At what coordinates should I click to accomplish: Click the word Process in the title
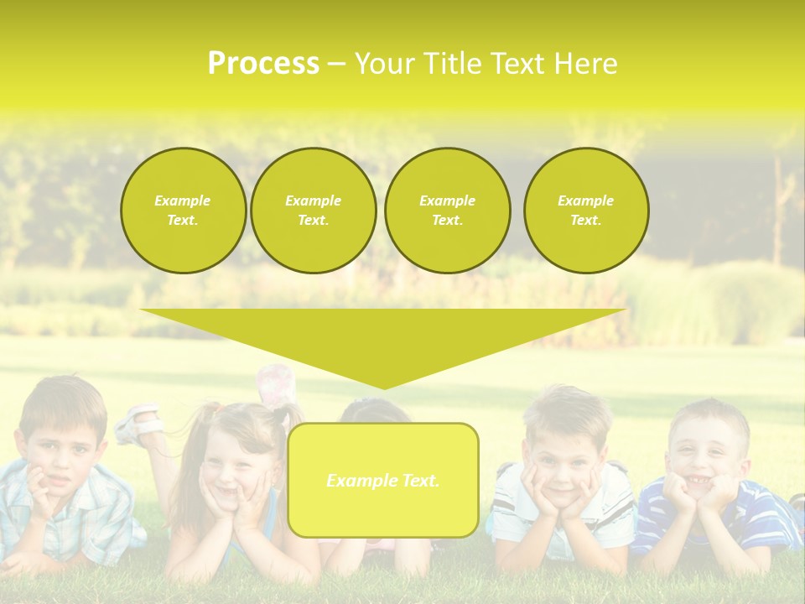[x=262, y=64]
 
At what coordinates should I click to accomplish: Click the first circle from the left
[x=183, y=211]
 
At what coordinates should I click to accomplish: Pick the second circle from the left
[x=313, y=211]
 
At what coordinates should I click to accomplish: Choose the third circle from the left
[x=447, y=211]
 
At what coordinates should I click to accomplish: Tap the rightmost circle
[x=585, y=211]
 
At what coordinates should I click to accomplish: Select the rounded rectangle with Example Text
[x=383, y=480]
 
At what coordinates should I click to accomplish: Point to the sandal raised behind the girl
[x=138, y=423]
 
